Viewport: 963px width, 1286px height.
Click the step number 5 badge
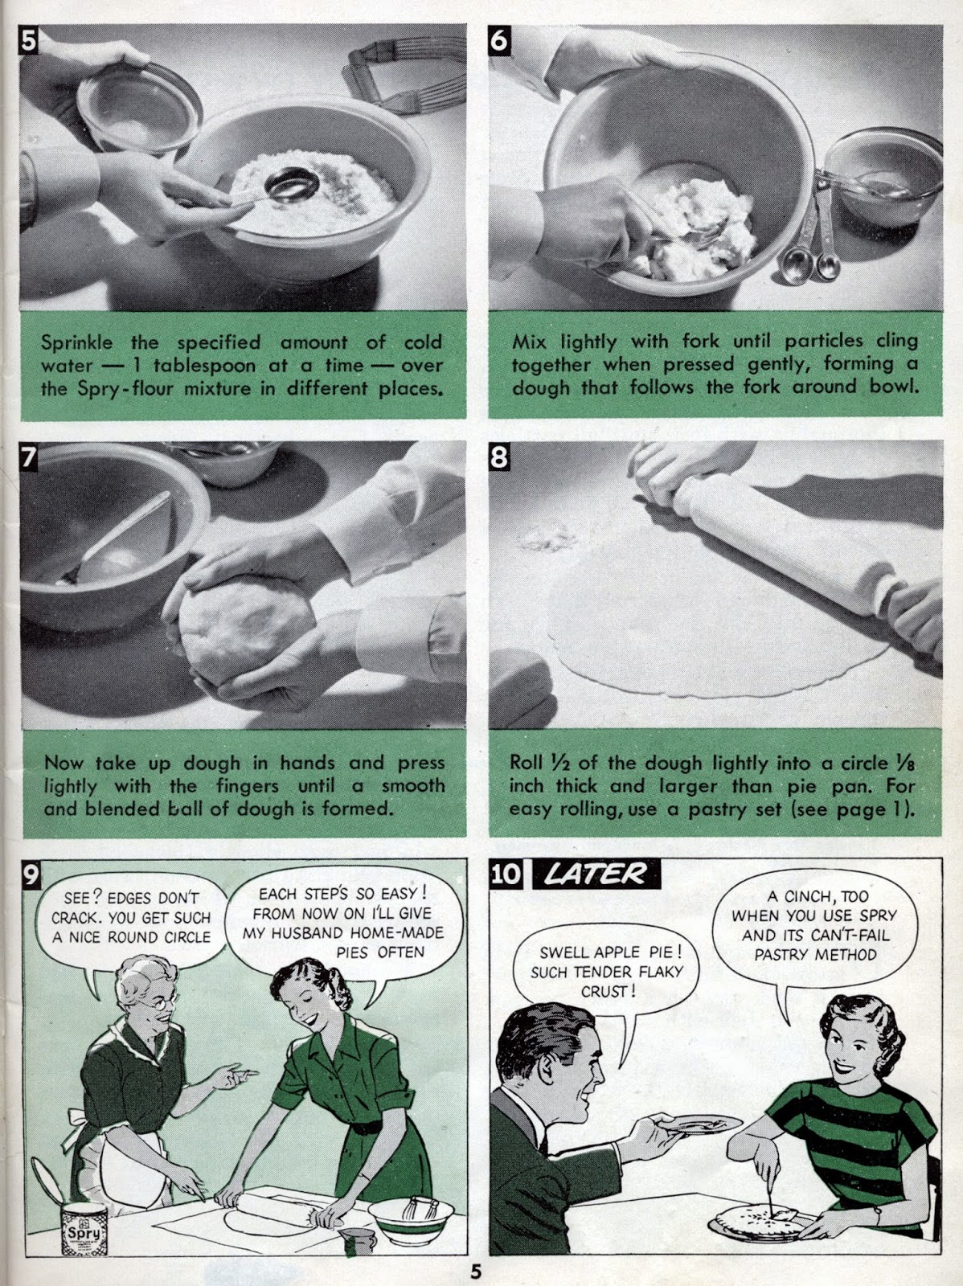pos(28,40)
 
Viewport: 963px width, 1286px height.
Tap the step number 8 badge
pos(499,457)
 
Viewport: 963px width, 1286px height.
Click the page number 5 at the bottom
pos(476,1269)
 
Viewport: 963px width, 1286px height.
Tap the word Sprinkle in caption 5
pos(76,342)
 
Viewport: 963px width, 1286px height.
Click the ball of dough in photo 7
pos(245,628)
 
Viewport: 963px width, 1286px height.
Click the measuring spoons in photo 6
pos(811,228)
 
